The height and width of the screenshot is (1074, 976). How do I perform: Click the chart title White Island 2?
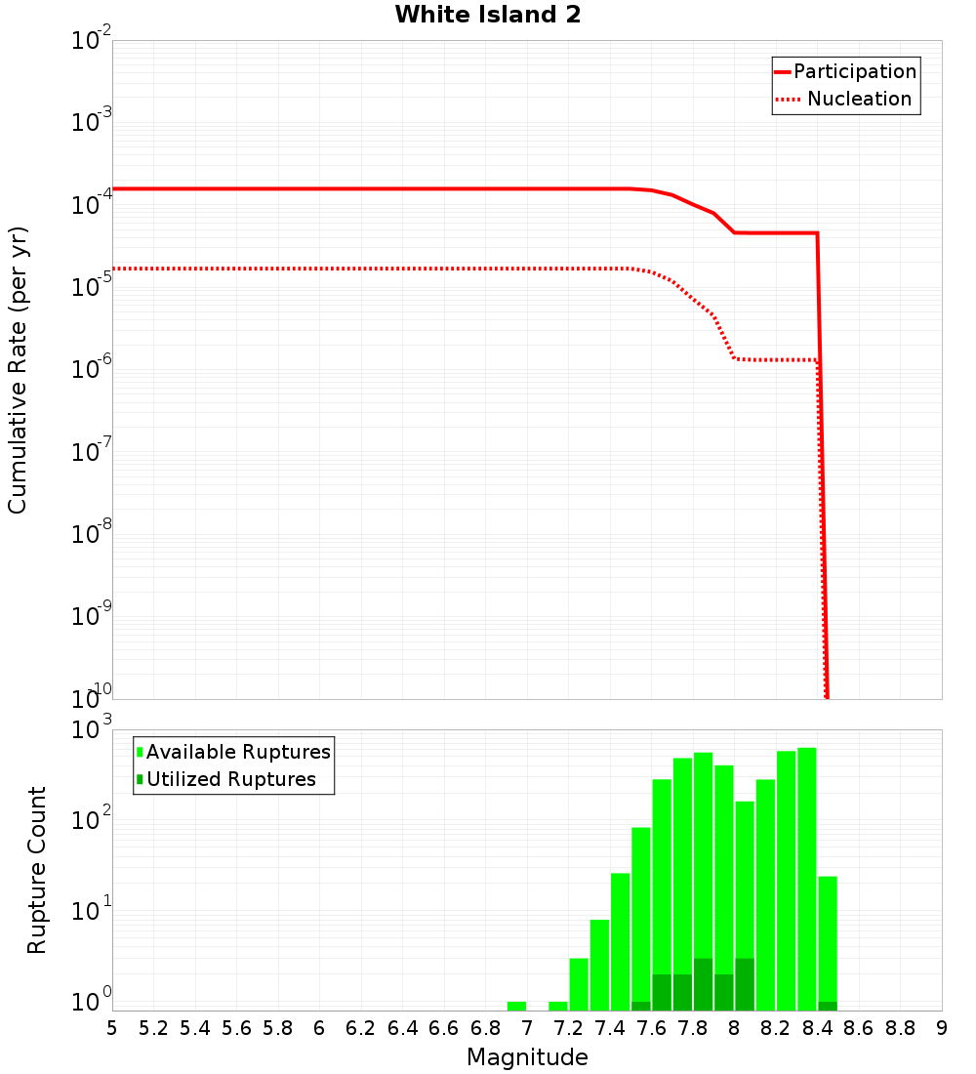(487, 16)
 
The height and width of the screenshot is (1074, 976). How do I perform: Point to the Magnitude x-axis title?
(527, 1057)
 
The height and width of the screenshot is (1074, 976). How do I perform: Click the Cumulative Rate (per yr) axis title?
(18, 370)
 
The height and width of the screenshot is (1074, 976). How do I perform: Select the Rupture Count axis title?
(37, 870)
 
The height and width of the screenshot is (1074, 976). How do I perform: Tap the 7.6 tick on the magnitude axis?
(651, 1027)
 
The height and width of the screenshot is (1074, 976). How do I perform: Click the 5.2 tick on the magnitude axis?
(153, 1027)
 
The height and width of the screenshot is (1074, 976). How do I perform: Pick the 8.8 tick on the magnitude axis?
(900, 1027)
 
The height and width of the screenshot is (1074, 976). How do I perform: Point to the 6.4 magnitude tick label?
(402, 1027)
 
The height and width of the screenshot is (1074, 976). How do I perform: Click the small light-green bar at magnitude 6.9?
(516, 1006)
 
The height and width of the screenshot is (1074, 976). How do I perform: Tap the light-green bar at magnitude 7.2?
(579, 984)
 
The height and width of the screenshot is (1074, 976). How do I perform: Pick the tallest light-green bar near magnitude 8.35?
(807, 879)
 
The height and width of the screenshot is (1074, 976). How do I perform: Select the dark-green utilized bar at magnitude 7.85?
(703, 984)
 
